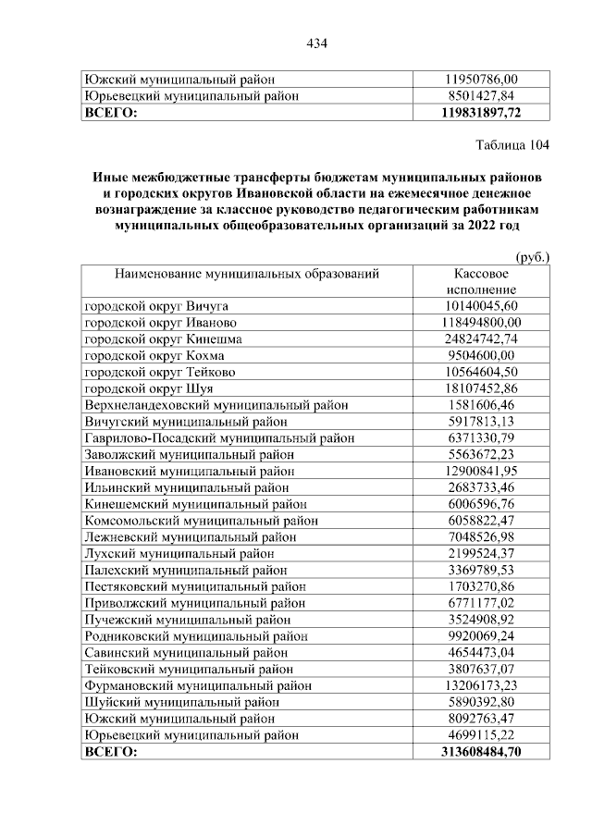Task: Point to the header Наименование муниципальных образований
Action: point(247,275)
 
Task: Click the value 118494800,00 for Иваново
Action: point(481,322)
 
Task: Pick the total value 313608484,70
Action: point(481,753)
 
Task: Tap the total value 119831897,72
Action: point(481,112)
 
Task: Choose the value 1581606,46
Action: point(481,405)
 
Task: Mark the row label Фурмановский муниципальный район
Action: point(198,686)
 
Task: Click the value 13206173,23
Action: point(481,686)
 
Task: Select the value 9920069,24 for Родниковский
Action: point(481,636)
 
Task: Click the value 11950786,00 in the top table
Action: point(481,80)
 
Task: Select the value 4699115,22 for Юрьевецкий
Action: point(481,736)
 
